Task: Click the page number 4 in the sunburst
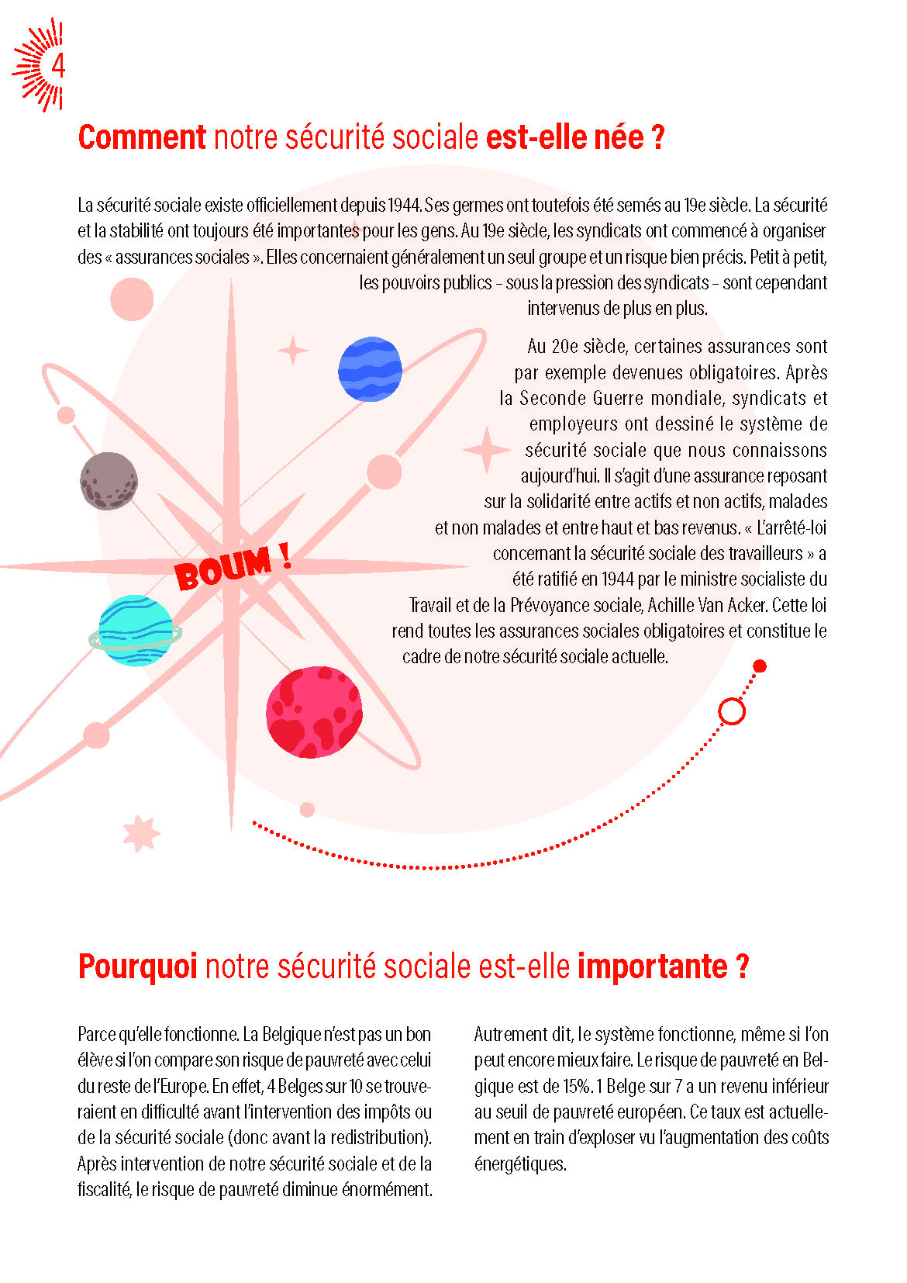coord(57,67)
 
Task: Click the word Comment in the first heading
coord(142,137)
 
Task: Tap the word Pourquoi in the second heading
coord(137,967)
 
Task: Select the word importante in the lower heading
coord(652,967)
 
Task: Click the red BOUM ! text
coord(231,566)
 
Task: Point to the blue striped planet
coord(371,369)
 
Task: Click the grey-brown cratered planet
coord(109,481)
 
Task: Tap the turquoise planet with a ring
coord(136,630)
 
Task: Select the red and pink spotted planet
coord(314,711)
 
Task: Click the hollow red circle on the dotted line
coord(732,711)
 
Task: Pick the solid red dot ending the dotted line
coord(760,666)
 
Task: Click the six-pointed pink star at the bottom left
coord(140,834)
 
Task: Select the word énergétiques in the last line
coord(519,1164)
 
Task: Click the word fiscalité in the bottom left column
coord(103,1189)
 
